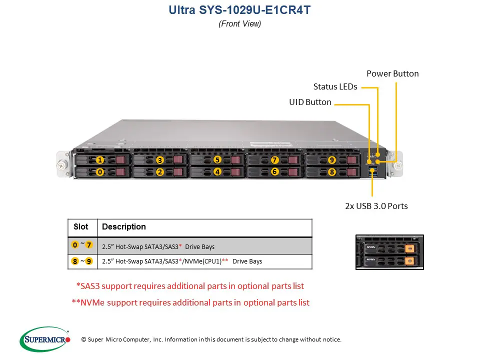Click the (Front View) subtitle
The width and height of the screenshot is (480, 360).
click(x=240, y=23)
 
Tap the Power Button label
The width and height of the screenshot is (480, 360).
click(x=392, y=73)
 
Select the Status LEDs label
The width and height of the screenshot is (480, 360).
click(x=335, y=86)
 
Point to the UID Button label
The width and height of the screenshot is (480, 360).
click(x=310, y=102)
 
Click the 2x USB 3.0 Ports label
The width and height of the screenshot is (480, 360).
click(x=376, y=206)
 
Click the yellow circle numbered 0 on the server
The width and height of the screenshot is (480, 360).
click(x=100, y=172)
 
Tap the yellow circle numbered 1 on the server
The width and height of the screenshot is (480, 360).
click(x=100, y=160)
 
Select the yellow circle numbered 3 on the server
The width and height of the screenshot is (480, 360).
click(x=159, y=160)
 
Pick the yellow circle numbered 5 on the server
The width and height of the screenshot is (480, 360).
click(x=217, y=160)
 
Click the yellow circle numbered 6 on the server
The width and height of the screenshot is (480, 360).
click(x=274, y=171)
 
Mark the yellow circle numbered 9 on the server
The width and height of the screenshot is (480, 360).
click(x=331, y=160)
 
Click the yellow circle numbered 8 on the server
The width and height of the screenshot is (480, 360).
click(x=331, y=172)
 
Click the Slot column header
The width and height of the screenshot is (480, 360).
click(x=81, y=227)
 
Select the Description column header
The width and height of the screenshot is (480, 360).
click(x=124, y=227)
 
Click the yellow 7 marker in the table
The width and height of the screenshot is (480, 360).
click(x=89, y=245)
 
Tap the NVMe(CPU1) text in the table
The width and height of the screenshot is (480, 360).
click(x=203, y=261)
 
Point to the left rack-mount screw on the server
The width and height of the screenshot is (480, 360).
click(x=62, y=163)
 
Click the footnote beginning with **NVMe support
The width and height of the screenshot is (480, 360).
click(x=190, y=302)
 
